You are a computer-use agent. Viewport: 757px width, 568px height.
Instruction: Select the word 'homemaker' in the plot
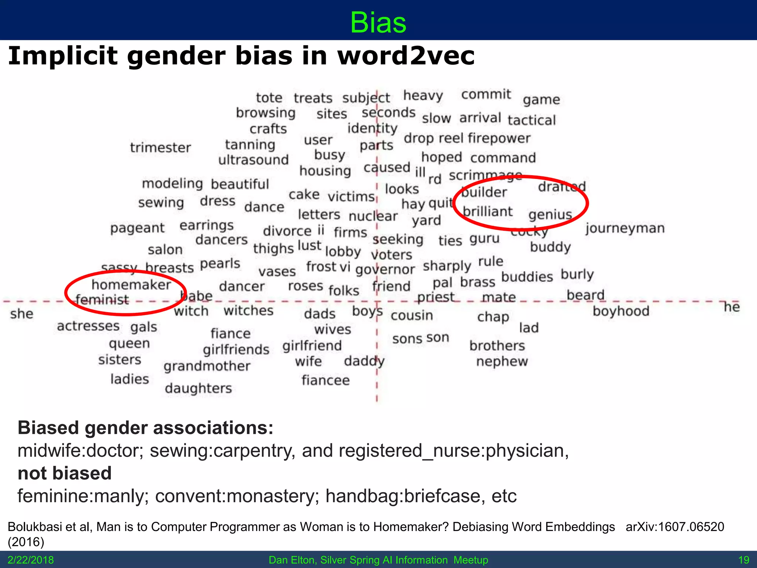(x=131, y=285)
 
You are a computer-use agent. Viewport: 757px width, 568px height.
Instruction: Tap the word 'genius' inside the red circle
(x=550, y=214)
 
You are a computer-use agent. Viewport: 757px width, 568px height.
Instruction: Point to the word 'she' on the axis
(x=22, y=314)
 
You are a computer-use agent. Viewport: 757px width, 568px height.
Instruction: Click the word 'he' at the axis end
(x=731, y=307)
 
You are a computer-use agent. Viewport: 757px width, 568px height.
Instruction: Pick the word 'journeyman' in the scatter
(x=625, y=229)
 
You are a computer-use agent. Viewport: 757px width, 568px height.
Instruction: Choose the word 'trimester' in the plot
(x=160, y=148)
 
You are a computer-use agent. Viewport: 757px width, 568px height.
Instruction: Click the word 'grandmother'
(x=207, y=366)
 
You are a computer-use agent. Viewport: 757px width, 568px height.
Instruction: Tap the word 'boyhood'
(x=621, y=311)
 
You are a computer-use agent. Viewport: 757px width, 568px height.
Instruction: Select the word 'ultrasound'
(x=253, y=160)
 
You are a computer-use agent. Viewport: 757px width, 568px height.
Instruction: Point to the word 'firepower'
(x=499, y=138)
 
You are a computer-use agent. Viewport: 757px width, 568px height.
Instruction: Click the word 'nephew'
(x=502, y=361)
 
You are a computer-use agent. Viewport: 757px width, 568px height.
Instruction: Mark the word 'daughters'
(x=198, y=388)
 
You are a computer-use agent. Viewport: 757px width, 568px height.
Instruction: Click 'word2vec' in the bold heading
(x=406, y=56)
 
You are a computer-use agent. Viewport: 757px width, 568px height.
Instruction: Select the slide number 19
(x=744, y=560)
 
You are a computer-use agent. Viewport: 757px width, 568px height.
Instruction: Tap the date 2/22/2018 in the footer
(x=31, y=560)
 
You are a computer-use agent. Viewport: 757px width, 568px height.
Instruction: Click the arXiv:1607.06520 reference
(x=675, y=527)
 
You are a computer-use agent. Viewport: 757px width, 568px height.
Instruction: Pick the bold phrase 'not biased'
(x=65, y=473)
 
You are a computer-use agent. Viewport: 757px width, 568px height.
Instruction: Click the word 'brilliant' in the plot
(x=488, y=212)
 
